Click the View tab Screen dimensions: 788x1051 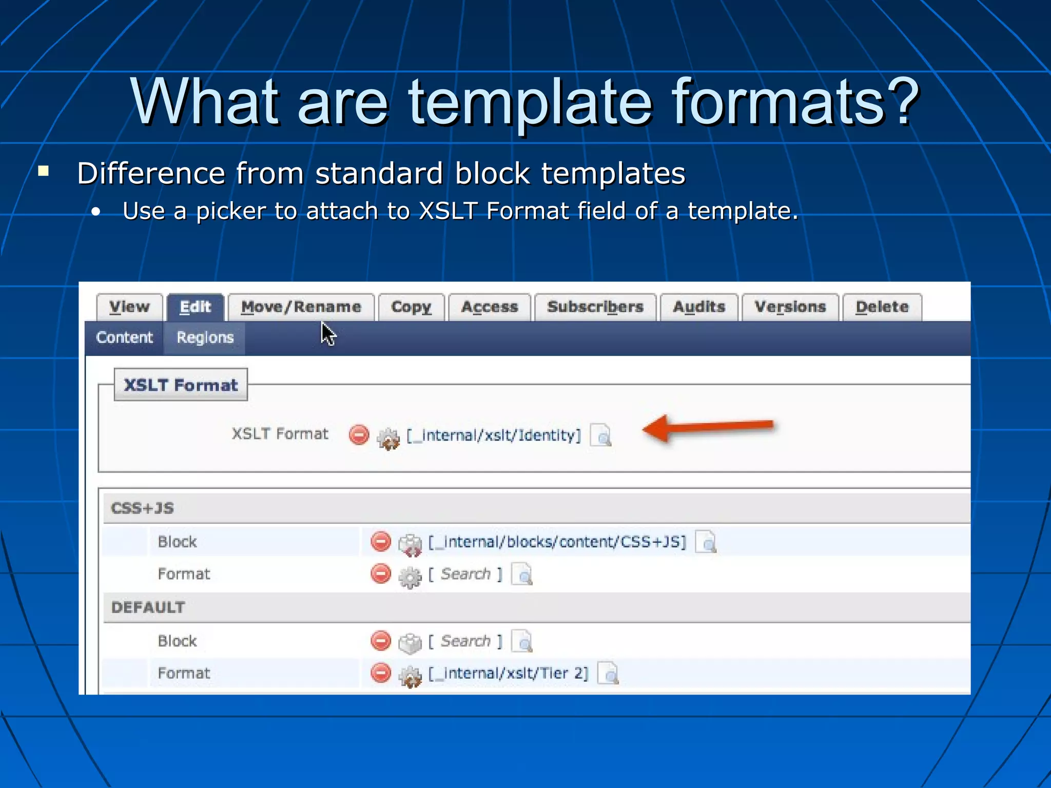tap(129, 307)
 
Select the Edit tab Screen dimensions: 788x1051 tap(195, 307)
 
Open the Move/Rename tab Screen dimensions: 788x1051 tap(301, 307)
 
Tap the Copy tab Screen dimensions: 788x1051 tap(411, 307)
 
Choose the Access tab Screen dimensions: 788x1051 tap(490, 307)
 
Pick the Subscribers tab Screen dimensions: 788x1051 tap(595, 307)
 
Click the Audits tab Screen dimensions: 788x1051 tap(699, 307)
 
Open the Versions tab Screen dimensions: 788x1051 tap(790, 307)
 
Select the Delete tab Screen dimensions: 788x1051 tap(882, 307)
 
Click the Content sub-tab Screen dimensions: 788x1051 tap(124, 338)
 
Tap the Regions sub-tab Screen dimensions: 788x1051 tap(205, 338)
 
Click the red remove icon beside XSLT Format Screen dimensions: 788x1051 tap(359, 435)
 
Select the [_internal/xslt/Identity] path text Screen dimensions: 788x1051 tap(494, 436)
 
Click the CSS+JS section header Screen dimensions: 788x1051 tap(143, 508)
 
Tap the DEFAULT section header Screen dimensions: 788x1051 tap(148, 607)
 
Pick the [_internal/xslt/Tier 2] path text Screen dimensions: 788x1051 tap(508, 674)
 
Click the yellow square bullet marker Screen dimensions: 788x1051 tap(44, 171)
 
